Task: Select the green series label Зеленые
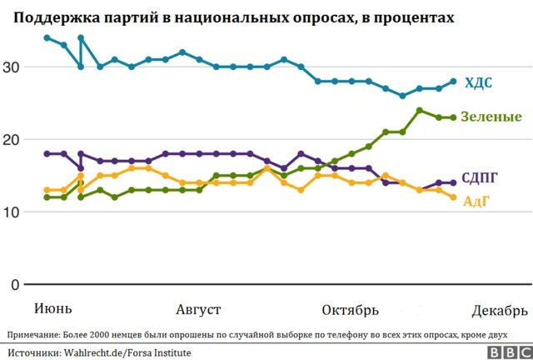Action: [x=491, y=117]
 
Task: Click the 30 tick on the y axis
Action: [x=11, y=67]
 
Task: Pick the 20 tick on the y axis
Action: [x=11, y=140]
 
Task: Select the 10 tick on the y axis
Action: [x=11, y=212]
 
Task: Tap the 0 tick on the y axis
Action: [x=15, y=284]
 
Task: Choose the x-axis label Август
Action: [x=198, y=310]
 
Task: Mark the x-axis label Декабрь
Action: [x=499, y=310]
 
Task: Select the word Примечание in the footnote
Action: [x=33, y=335]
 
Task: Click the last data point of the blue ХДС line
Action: [x=453, y=82]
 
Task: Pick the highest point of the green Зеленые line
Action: [x=420, y=110]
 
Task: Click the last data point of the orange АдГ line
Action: [x=453, y=197]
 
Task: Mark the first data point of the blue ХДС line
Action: [x=46, y=38]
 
